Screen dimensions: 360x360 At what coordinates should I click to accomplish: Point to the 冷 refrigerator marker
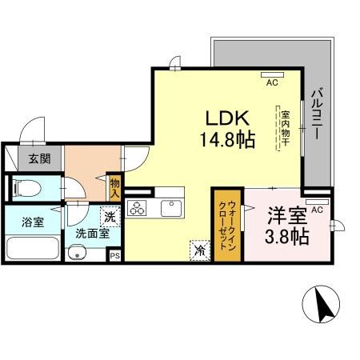point(199,250)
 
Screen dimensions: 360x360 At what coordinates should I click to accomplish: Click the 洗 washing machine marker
point(110,215)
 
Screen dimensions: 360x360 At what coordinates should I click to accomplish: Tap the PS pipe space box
point(114,256)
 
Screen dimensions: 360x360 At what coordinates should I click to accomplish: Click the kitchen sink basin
point(171,209)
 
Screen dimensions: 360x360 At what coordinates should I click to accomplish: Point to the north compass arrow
point(325,306)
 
